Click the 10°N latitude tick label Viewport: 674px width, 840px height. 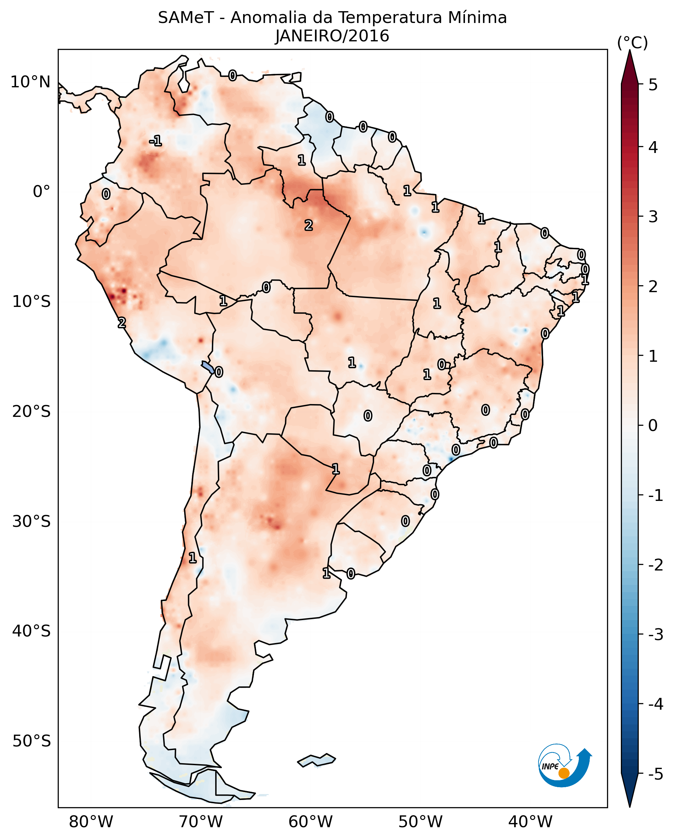[x=31, y=82]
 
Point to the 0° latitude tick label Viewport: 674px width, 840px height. [x=41, y=192]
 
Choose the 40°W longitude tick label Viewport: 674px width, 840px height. [x=530, y=822]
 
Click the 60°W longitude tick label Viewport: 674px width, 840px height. [x=310, y=822]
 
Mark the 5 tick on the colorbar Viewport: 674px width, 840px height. [x=653, y=85]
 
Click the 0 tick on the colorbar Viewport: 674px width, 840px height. [x=653, y=425]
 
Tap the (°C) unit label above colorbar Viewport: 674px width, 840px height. [x=632, y=43]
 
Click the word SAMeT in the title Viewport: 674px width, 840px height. [x=186, y=18]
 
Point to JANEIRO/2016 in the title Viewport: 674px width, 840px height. [x=332, y=36]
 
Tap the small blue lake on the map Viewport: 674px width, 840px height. [x=207, y=367]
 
